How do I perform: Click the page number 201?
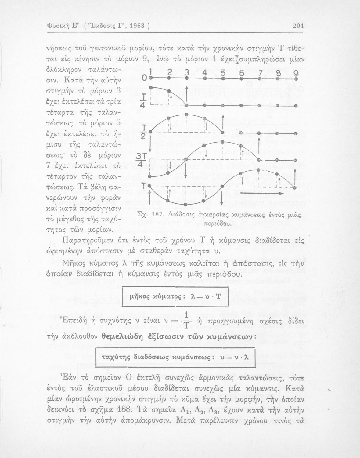[x=297, y=26]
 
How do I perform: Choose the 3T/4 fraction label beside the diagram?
[x=141, y=160]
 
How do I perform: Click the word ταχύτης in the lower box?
[x=112, y=357]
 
